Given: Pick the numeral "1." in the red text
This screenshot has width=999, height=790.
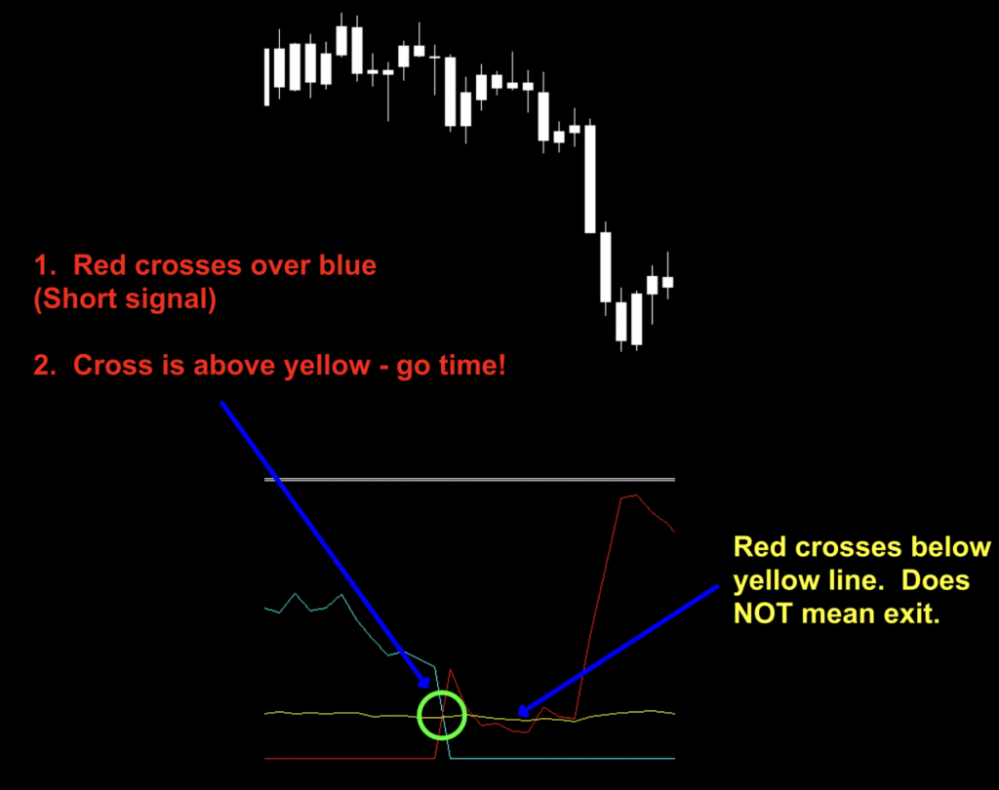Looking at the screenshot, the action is point(45,265).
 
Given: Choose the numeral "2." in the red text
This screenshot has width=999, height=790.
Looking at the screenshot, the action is point(45,366).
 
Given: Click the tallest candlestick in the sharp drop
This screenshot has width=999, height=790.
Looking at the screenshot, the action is point(590,178).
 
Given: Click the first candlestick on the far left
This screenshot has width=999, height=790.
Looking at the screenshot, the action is point(267,76).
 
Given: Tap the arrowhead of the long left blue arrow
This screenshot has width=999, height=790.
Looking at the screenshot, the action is point(425,683).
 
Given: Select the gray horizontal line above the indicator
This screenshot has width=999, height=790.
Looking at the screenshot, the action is point(469,479).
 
